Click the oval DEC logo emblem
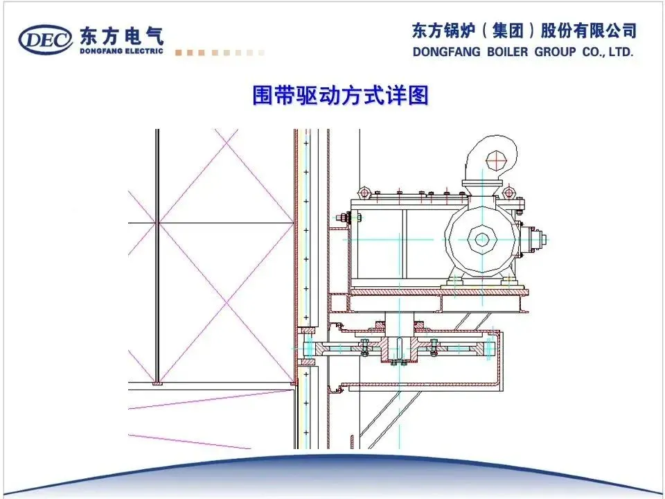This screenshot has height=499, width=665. pyautogui.click(x=46, y=40)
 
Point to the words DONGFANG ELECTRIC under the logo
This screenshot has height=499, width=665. pyautogui.click(x=121, y=51)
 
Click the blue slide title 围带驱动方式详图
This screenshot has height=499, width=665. pyautogui.click(x=340, y=96)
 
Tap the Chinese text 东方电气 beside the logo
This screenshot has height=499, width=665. pyautogui.click(x=121, y=34)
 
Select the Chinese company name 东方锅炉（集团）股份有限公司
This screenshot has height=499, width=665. pyautogui.click(x=524, y=30)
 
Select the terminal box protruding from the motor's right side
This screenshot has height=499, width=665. pyautogui.click(x=535, y=239)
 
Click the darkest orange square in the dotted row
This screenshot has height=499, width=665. pyautogui.click(x=179, y=53)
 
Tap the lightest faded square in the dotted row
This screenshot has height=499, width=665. pyautogui.click(x=261, y=53)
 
